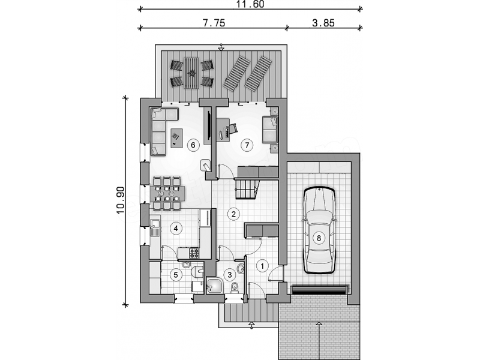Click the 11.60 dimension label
250,4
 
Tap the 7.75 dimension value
214,23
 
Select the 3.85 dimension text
323,23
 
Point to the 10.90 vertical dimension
121,200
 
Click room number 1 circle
262,266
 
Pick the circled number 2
234,214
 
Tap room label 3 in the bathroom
230,275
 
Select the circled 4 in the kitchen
176,228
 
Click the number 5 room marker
176,275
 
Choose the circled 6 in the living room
193,145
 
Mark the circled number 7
247,145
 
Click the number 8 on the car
319,238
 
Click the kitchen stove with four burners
194,253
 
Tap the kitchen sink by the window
155,227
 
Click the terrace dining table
191,73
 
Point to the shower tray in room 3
215,286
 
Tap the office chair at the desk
233,128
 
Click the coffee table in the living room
176,138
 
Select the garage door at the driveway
320,290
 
